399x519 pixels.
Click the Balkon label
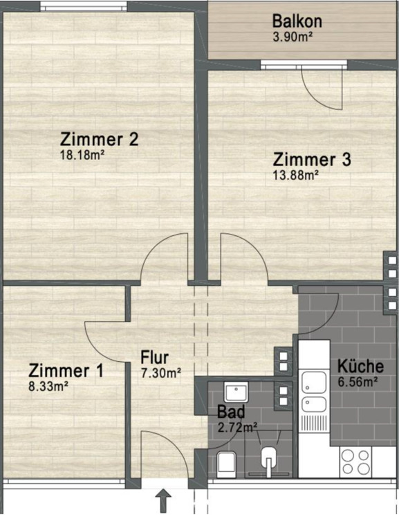[x=297, y=20]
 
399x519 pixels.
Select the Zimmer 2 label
[x=100, y=139]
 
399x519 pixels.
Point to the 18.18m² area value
[x=82, y=156]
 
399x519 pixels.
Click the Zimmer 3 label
[x=312, y=159]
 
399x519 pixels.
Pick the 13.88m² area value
[x=296, y=176]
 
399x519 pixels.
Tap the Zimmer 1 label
[x=66, y=371]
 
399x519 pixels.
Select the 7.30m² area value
[x=160, y=372]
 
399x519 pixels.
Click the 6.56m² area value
[x=356, y=381]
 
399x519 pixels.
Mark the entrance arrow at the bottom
[x=165, y=499]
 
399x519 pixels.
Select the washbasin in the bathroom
[x=238, y=392]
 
